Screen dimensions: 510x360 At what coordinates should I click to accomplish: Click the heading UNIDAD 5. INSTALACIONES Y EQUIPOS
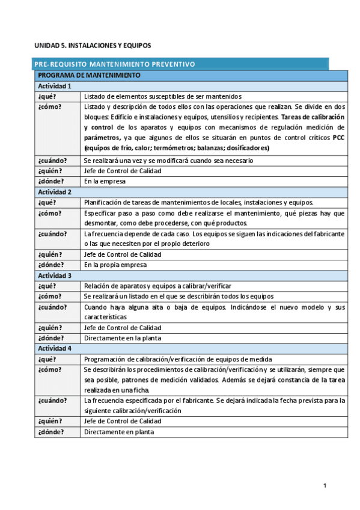pyautogui.click(x=92, y=45)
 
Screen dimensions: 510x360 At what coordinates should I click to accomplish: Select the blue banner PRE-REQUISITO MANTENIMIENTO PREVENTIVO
pyautogui.click(x=115, y=64)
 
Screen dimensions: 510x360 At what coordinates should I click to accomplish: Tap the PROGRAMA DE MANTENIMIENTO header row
pyautogui.click(x=88, y=75)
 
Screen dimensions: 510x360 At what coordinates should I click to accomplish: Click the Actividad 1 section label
pyautogui.click(x=55, y=86)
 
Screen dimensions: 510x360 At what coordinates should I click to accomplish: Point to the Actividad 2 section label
pyautogui.click(x=55, y=192)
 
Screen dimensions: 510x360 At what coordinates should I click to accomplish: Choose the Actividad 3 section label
pyautogui.click(x=55, y=275)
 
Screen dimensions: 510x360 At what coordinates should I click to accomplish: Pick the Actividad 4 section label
pyautogui.click(x=55, y=348)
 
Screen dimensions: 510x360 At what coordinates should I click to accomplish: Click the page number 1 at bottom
pyautogui.click(x=325, y=485)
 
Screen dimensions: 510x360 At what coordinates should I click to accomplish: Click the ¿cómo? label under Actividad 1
pyautogui.click(x=49, y=106)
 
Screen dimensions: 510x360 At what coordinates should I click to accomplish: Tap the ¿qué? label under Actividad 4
pyautogui.click(x=47, y=358)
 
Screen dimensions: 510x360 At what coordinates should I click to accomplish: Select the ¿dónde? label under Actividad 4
pyautogui.click(x=50, y=432)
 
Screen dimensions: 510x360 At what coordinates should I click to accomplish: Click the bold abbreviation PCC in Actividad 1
pyautogui.click(x=338, y=137)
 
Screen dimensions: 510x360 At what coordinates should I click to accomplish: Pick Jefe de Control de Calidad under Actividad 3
pyautogui.click(x=123, y=328)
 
